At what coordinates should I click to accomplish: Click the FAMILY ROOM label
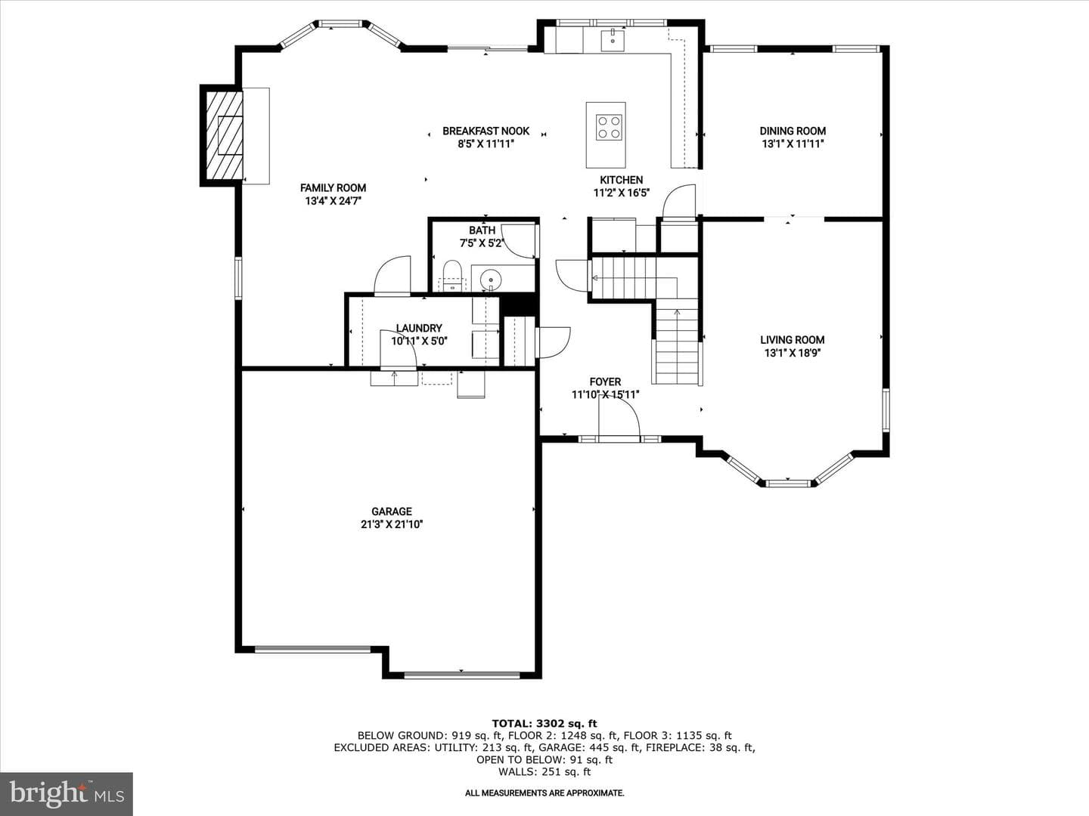(333, 188)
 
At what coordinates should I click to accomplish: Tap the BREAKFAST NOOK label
(486, 131)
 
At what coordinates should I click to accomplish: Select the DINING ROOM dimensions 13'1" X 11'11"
(793, 144)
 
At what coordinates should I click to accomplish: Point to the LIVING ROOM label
(793, 340)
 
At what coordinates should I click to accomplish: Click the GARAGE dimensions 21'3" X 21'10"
(392, 524)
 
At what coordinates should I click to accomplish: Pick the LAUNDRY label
(419, 328)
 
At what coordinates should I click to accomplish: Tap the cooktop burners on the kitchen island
(608, 127)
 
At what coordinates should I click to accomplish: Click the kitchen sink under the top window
(613, 40)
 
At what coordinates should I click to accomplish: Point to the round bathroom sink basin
(491, 277)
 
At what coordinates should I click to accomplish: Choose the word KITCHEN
(621, 180)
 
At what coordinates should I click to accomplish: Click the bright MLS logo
(67, 793)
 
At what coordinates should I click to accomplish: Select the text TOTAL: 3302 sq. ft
(544, 724)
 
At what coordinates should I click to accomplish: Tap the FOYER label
(605, 382)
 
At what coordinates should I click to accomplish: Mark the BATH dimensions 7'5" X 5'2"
(482, 243)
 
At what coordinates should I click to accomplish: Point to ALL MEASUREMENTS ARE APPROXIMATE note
(544, 793)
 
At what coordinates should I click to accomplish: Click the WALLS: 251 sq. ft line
(544, 771)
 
